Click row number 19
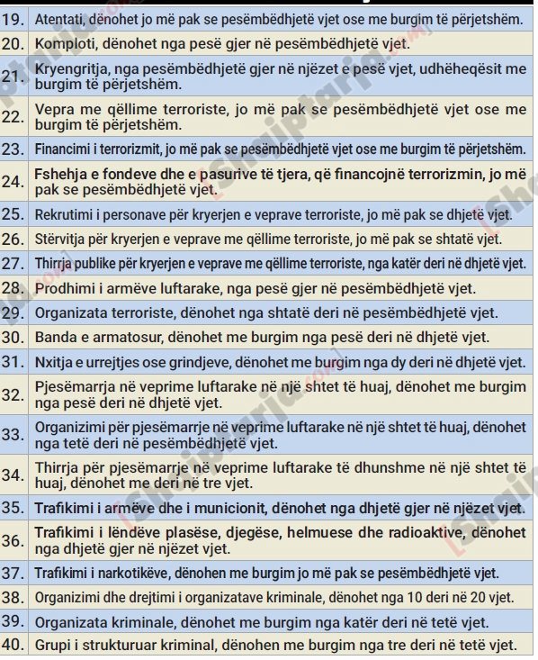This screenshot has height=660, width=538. pyautogui.click(x=13, y=18)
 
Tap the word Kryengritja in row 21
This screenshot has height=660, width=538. pyautogui.click(x=73, y=68)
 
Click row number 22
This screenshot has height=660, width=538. pyautogui.click(x=13, y=116)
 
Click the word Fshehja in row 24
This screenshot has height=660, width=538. pyautogui.click(x=61, y=173)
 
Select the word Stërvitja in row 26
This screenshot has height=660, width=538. pyautogui.click(x=62, y=239)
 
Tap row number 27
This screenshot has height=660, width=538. pyautogui.click(x=13, y=263)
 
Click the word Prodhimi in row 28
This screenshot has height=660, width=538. pyautogui.click(x=64, y=288)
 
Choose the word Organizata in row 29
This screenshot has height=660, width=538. pyautogui.click(x=73, y=312)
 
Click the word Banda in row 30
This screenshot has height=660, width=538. pyautogui.click(x=56, y=337)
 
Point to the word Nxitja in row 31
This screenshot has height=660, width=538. pyautogui.click(x=56, y=362)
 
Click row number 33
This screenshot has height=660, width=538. pyautogui.click(x=13, y=434)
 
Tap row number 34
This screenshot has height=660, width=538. pyautogui.click(x=13, y=475)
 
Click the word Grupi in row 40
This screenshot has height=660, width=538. pyautogui.click(x=53, y=645)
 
